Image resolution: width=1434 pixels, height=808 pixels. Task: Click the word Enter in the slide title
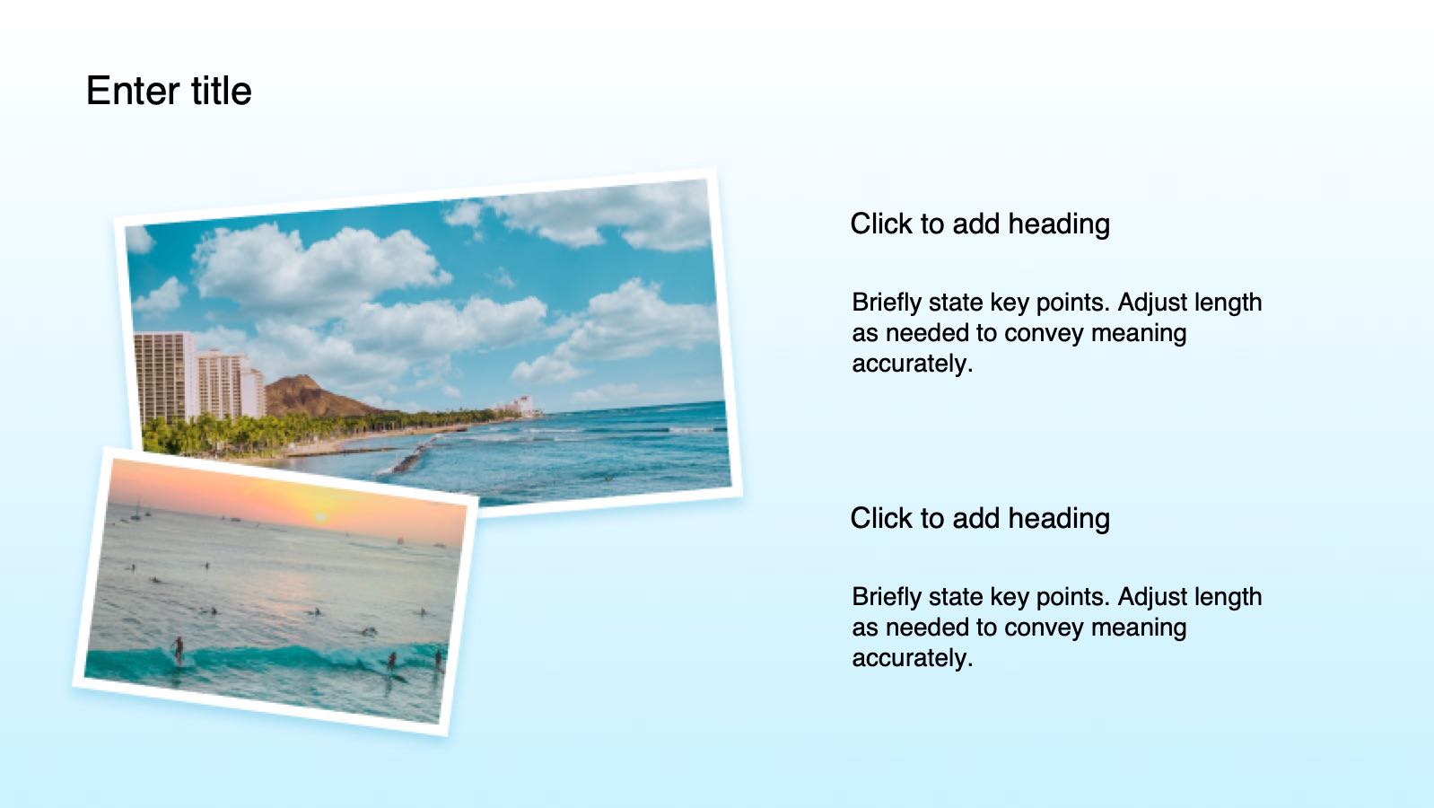click(133, 91)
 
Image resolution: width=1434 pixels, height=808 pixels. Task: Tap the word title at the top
click(221, 91)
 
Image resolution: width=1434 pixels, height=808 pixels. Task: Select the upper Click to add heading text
click(979, 224)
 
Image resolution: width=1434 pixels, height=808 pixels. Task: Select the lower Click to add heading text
click(979, 519)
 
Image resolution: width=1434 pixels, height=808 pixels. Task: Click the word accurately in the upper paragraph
click(913, 364)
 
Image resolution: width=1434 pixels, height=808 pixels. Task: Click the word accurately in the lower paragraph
click(913, 658)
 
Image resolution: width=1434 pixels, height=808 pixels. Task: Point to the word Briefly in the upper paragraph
click(886, 303)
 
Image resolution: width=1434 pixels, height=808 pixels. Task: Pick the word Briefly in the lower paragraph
click(886, 597)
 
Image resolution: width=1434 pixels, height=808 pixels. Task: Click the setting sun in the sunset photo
click(320, 516)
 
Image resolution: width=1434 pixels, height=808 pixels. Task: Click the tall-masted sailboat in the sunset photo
click(136, 510)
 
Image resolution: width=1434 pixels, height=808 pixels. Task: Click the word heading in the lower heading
click(1059, 519)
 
